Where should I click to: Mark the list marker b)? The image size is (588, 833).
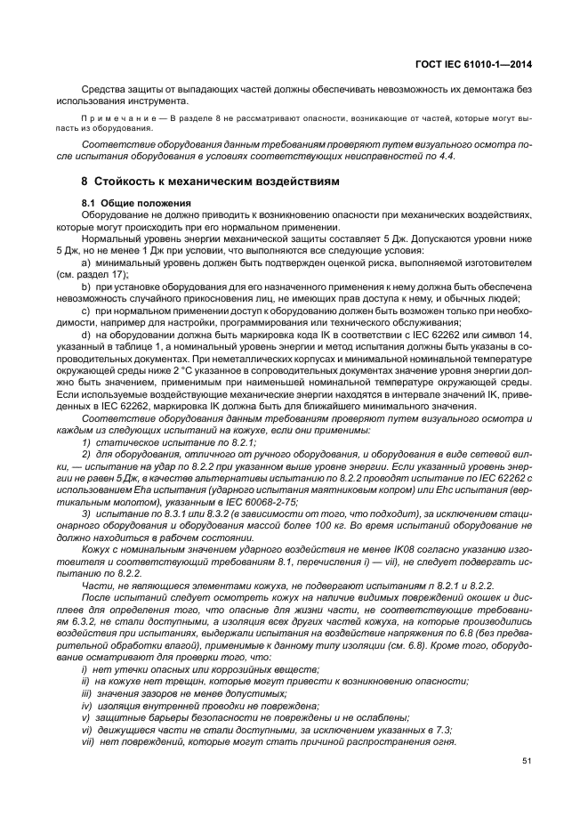point(86,287)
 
